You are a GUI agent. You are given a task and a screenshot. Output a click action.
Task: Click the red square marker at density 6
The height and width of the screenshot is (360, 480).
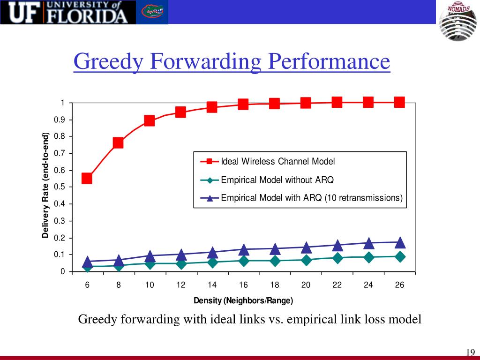tap(87, 178)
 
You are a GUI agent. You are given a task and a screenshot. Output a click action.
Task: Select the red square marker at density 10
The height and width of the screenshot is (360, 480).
tap(150, 120)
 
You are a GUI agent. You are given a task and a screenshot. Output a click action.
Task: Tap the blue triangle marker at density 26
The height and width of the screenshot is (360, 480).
tap(400, 242)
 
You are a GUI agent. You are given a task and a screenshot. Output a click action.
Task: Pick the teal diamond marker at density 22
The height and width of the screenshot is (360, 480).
tap(337, 258)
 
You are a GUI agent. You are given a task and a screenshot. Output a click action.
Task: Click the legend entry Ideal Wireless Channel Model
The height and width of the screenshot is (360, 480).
tap(278, 162)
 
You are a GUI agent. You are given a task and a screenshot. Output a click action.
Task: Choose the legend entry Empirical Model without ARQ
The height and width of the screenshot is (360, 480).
tap(277, 180)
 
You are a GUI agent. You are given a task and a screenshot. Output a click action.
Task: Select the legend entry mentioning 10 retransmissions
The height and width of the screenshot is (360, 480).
tap(312, 198)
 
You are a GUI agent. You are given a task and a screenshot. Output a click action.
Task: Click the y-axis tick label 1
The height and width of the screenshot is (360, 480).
tap(62, 103)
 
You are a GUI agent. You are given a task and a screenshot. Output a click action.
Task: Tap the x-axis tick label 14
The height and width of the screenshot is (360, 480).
tap(212, 285)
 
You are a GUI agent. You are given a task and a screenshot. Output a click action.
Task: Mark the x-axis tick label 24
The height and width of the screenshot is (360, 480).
tap(368, 285)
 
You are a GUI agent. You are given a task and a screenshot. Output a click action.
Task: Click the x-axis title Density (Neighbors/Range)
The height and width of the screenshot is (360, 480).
tap(243, 300)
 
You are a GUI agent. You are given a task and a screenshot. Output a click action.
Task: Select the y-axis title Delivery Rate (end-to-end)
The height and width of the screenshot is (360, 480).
tap(45, 186)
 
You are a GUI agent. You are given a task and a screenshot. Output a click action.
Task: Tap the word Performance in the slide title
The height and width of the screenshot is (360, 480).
tap(329, 62)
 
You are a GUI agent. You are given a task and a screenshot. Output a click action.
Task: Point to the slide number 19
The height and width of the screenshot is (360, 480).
tap(471, 353)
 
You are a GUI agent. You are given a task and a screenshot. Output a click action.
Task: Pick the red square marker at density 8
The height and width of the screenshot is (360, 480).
tap(118, 142)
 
